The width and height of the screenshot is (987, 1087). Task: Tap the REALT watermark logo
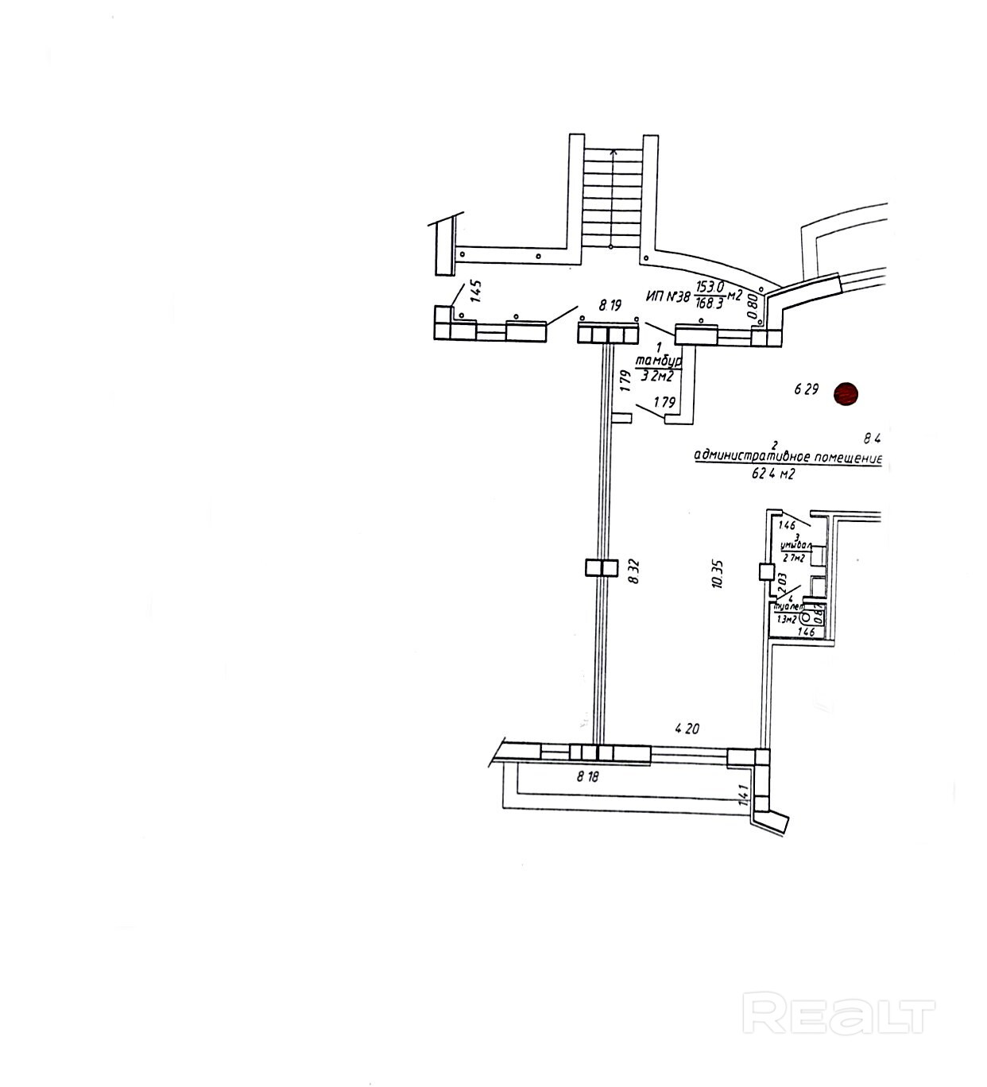point(838,1015)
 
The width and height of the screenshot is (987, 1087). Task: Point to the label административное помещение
point(788,457)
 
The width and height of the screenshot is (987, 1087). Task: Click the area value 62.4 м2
point(773,474)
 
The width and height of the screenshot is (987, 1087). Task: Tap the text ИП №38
point(668,296)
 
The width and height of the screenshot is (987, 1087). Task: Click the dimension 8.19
point(610,304)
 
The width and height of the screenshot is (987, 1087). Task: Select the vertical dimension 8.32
point(633,571)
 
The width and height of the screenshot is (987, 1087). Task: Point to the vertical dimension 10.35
point(717,572)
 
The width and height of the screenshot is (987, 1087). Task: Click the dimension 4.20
point(687,728)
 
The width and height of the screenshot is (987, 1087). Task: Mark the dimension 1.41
point(744,796)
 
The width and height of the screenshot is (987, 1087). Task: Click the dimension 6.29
point(806,389)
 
